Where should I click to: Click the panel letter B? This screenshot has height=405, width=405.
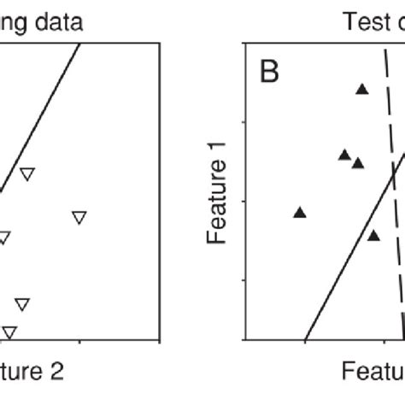click(269, 72)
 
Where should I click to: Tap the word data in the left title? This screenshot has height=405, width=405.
click(53, 22)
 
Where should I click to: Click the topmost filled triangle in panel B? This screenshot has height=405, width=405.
click(362, 88)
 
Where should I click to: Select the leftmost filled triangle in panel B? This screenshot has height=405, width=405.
click(300, 212)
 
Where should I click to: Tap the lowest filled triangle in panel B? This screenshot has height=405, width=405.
click(373, 235)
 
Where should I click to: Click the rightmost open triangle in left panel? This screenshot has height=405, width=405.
click(79, 217)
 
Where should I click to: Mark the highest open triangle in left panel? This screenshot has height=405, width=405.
click(27, 173)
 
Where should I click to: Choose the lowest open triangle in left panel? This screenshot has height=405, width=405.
click(9, 332)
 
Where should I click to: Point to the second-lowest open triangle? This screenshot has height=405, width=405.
click(22, 303)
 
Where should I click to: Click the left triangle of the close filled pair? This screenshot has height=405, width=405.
click(344, 155)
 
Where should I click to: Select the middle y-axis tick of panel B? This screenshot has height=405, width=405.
click(249, 201)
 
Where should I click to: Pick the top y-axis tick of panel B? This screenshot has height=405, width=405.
click(249, 121)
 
